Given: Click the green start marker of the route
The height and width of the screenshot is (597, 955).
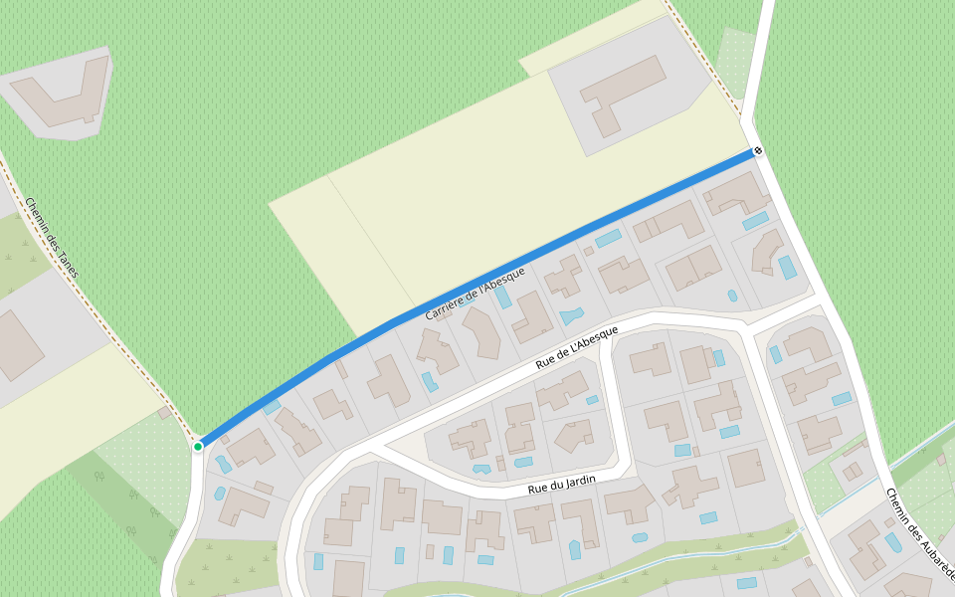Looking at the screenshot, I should coord(198,447).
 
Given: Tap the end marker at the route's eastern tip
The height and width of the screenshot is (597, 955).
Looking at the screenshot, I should coord(758,151).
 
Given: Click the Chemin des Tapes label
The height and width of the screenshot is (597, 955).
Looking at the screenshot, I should coord(52,237).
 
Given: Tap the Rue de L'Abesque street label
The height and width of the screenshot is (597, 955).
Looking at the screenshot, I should coord(576,347).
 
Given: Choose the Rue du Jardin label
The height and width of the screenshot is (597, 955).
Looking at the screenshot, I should coord(563,485).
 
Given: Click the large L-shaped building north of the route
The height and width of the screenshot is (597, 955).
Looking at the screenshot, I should coord(621,92).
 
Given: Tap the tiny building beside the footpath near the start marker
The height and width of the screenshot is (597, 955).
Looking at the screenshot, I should coord(164,412).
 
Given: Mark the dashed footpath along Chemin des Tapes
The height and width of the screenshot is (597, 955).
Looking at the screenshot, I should coord(99,318).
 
